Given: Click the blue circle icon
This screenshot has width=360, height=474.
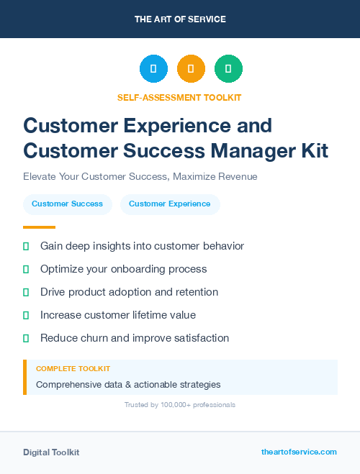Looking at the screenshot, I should coord(153,69).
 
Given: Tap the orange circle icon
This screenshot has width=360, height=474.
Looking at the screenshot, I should coord(191,69).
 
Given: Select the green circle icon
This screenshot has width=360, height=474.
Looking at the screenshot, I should coord(228,69).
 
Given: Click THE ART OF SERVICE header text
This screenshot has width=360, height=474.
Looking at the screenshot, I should coord(180,19).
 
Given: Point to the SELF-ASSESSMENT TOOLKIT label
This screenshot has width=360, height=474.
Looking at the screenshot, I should coord(180,97).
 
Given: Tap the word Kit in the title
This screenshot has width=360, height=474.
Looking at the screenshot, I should coord(313,151).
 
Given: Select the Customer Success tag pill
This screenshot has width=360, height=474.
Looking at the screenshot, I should coord(67,204).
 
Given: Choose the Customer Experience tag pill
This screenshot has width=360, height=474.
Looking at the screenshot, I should coord(170,204).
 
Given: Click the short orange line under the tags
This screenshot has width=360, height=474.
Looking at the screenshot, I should coord(39,227).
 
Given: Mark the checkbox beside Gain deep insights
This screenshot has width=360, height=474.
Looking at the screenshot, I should coord(26,246).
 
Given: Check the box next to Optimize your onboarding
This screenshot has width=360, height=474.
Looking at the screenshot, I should coord(26,269).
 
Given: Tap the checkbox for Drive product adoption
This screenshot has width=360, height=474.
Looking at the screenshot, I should coord(26,292).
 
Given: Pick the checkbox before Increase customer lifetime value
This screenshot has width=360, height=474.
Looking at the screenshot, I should coord(26,315).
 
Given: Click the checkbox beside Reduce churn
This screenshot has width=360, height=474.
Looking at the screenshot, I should coord(26,338).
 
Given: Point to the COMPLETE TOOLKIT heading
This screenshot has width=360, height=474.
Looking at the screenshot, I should coord(73,369).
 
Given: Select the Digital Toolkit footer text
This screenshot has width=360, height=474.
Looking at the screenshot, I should coord(51,452).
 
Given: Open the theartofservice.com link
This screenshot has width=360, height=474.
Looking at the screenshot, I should coord(299,452).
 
